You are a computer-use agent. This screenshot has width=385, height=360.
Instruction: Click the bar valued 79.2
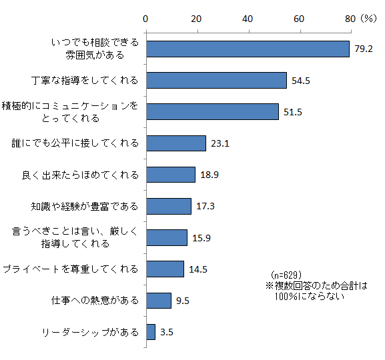(x=248, y=49)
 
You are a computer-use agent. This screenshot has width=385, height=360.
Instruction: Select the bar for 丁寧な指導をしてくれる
(x=216, y=80)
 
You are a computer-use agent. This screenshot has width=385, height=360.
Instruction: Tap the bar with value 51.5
(x=212, y=111)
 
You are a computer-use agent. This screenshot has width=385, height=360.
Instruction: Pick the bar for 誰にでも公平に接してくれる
(x=175, y=143)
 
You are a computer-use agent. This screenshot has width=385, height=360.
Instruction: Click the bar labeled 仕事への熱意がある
(x=158, y=300)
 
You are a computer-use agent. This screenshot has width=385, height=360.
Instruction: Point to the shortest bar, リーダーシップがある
(x=151, y=331)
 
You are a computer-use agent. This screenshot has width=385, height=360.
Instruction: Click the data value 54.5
(x=302, y=81)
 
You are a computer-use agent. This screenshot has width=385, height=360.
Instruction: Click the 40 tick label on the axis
(x=248, y=19)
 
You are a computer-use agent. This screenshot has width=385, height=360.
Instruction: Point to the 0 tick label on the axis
(x=146, y=19)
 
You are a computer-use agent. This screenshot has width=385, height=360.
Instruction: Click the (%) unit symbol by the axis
(x=368, y=19)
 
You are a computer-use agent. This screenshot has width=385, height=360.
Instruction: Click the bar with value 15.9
(x=166, y=237)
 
